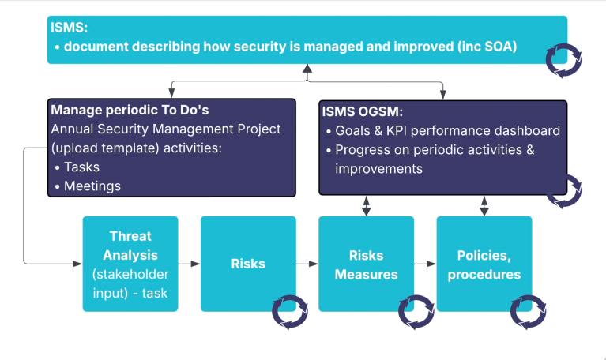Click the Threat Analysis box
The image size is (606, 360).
tap(130, 264)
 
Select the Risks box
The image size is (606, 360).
tap(247, 264)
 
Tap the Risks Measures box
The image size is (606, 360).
tap(365, 264)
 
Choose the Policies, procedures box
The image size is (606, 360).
tap(484, 264)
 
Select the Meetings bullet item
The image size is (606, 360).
tap(91, 186)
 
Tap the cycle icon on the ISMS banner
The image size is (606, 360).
tap(564, 56)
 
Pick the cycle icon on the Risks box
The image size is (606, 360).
tap(288, 312)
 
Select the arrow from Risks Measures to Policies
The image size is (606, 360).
tap(424, 264)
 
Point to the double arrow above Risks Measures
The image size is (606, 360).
tap(366, 205)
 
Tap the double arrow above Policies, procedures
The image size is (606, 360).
tap(484, 205)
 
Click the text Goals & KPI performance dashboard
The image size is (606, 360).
tap(447, 131)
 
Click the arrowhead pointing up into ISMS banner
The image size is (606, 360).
tap(307, 69)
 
